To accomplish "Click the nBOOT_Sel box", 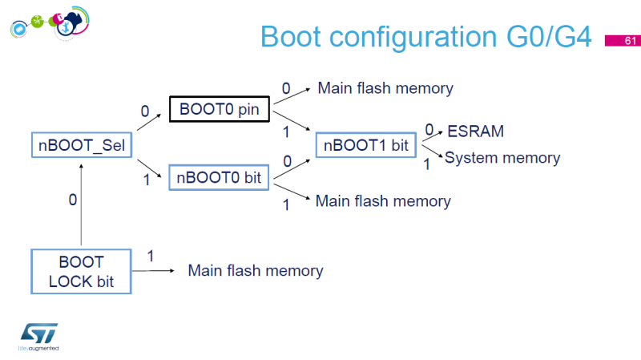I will (80, 145).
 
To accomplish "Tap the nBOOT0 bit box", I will (220, 177).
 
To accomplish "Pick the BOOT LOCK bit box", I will (81, 271).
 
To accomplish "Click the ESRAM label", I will (475, 131).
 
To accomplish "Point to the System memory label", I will (502, 158).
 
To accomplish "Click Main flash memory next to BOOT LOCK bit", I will (255, 270).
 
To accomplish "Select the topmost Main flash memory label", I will (385, 88).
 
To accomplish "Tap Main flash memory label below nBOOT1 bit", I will (383, 200).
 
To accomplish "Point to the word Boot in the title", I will (298, 38).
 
